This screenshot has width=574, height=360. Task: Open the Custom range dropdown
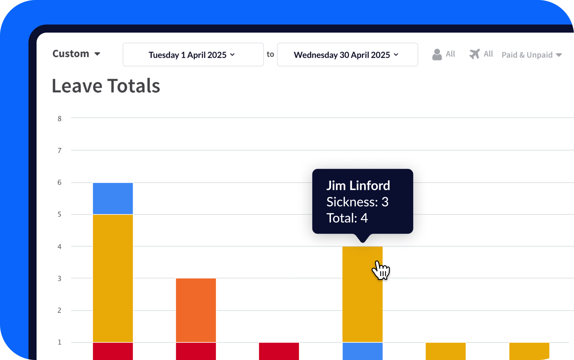point(76,54)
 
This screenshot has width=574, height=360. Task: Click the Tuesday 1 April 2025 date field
point(193,55)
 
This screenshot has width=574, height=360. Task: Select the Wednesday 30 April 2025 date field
point(347,55)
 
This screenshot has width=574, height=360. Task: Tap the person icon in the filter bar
point(437,54)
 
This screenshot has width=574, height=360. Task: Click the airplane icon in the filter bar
point(474,54)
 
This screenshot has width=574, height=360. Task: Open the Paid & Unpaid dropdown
point(532,55)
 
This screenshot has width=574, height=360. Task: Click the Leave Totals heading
point(106,86)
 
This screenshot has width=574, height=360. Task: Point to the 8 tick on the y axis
point(59,119)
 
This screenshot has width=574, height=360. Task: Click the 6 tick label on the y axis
point(59,182)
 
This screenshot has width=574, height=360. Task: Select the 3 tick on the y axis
point(59,278)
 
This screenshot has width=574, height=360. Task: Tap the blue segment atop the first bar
point(113,199)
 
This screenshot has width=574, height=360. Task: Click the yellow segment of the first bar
point(113,278)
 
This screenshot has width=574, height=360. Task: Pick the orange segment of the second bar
point(196,310)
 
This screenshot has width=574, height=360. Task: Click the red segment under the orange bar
point(196,351)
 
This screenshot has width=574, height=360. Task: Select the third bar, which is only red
point(279,351)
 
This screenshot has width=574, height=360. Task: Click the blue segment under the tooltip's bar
point(362,351)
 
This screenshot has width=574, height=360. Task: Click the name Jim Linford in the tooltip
point(358,186)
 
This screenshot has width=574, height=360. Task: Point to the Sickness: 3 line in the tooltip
point(357,202)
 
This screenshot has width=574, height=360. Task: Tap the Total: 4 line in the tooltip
point(347,218)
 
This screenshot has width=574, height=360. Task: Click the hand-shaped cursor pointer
point(380,270)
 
